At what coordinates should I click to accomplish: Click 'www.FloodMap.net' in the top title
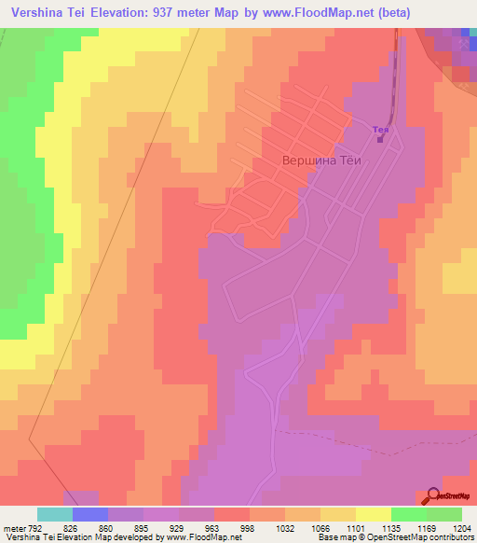coord(318,13)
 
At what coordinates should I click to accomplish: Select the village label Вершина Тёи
coord(320,160)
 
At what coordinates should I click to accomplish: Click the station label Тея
coord(379,130)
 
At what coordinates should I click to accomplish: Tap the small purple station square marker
coord(380,141)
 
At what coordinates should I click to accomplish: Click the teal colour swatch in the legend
coord(55,514)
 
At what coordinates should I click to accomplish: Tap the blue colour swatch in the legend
coord(90,514)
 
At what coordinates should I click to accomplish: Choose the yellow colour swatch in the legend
coord(373,514)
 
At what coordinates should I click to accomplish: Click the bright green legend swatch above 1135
coord(408,514)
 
